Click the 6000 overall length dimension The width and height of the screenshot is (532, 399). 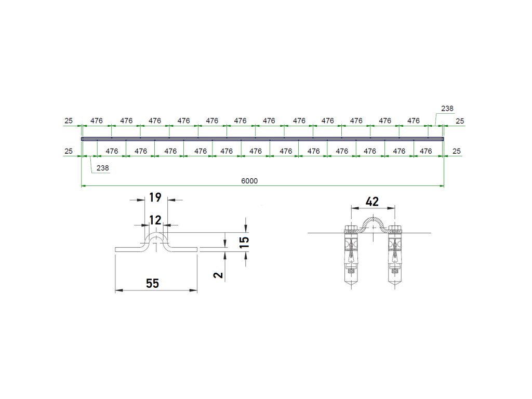tap(249, 181)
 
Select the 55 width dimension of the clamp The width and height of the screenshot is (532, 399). tap(153, 283)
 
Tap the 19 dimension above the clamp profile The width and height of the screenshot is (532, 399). tap(155, 197)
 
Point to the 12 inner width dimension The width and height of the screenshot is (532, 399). tap(155, 220)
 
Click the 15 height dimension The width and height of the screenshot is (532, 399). tap(244, 242)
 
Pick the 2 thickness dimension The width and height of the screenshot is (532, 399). tap(219, 274)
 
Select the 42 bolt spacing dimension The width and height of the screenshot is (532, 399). tap(372, 202)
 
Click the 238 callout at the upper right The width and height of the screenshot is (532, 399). tap(447, 108)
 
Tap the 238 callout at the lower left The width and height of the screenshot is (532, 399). tap(102, 168)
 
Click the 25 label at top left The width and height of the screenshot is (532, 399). tap(69, 121)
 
